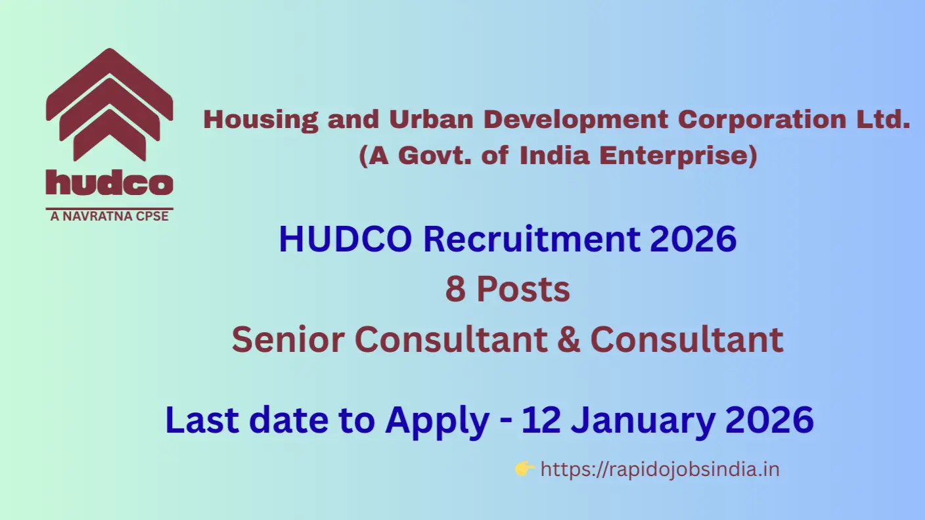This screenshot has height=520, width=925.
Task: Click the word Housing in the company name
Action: coord(261,120)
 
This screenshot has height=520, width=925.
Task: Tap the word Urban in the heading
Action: coord(431,119)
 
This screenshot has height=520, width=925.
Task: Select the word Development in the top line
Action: coord(575,120)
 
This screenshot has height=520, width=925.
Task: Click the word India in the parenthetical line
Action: coord(554,156)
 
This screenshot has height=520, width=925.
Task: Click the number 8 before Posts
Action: coord(455,290)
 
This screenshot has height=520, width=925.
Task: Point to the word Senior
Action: coord(288,339)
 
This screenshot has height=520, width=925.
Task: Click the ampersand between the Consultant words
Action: coord(569,339)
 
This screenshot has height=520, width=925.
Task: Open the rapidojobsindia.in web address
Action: coord(660,470)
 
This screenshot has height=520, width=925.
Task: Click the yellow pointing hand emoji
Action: coord(525,469)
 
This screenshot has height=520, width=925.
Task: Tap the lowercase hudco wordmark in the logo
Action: coord(110,182)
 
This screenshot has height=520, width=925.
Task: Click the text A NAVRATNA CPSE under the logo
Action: coord(110,216)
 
